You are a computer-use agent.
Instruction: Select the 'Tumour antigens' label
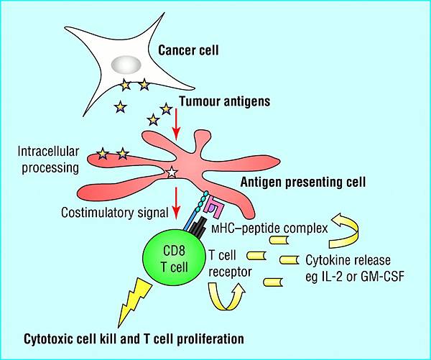228,101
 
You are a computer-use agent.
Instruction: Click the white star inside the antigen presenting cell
171,172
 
